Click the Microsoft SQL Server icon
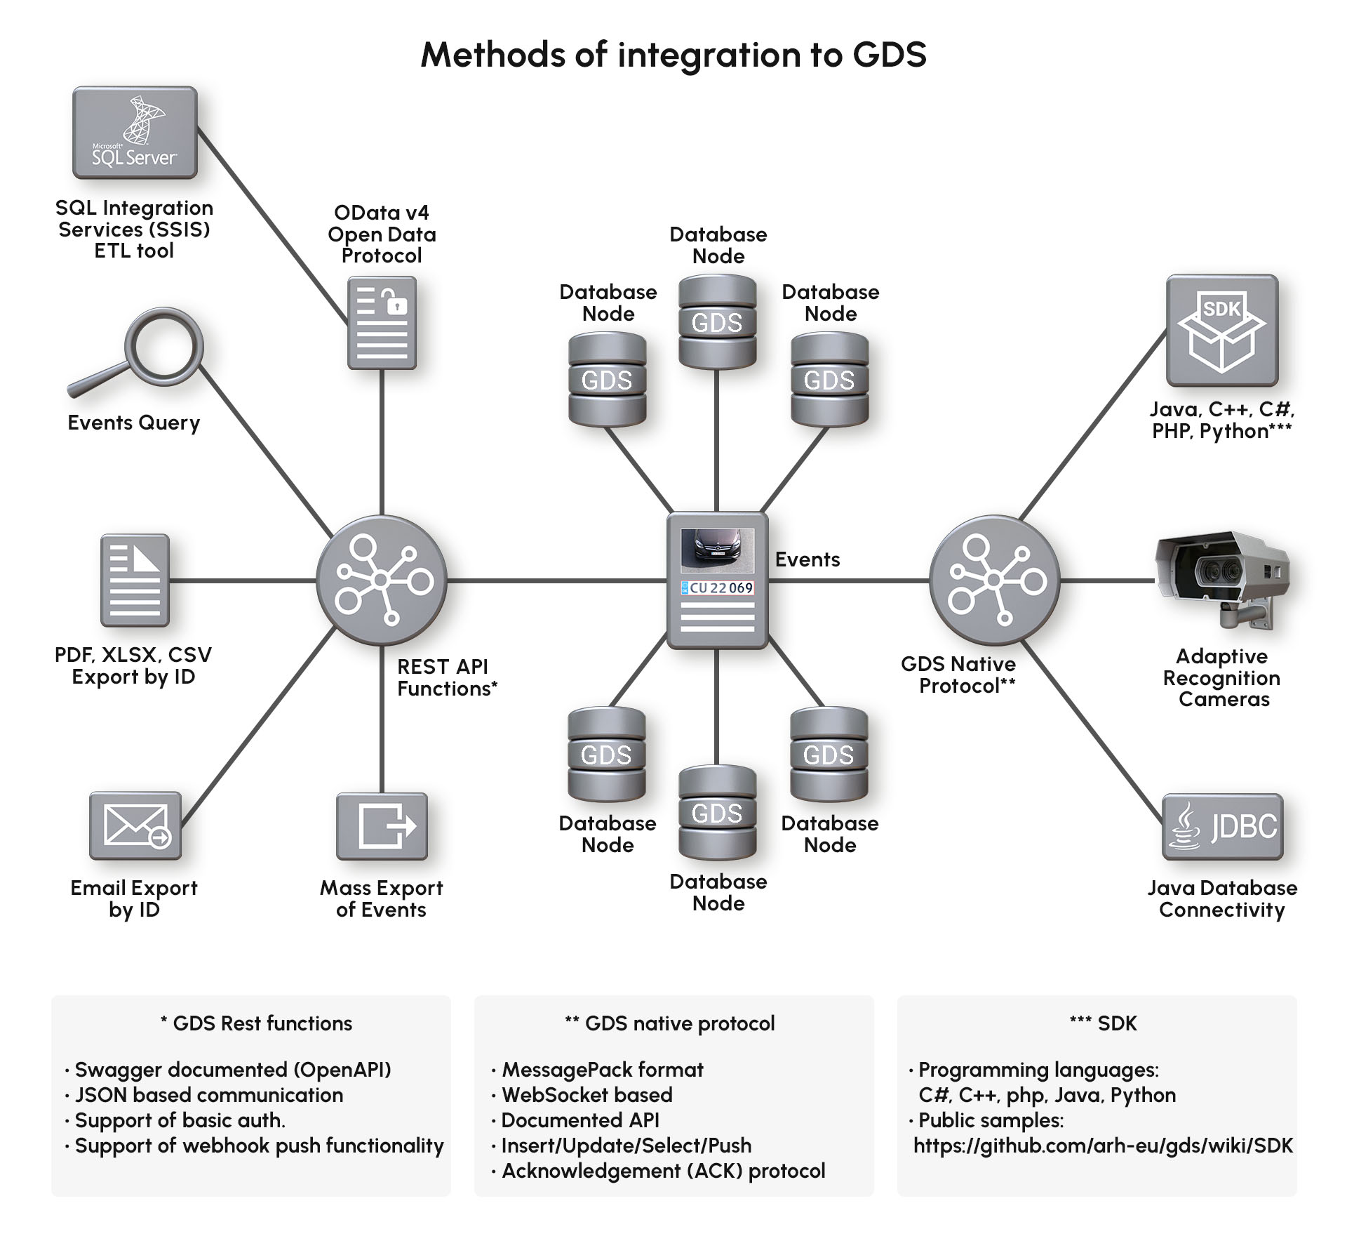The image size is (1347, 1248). pyautogui.click(x=135, y=133)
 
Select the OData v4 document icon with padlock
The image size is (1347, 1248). pyautogui.click(x=382, y=323)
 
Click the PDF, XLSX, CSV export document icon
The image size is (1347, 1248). pyautogui.click(x=135, y=580)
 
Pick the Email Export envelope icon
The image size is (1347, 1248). pyautogui.click(x=135, y=825)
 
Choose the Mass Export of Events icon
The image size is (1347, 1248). pyautogui.click(x=382, y=826)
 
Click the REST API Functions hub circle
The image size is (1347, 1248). pyautogui.click(x=381, y=580)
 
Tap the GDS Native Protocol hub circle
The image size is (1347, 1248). pyautogui.click(x=994, y=580)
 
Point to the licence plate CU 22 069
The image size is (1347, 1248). pyautogui.click(x=718, y=588)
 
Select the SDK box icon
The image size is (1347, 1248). pyautogui.click(x=1222, y=331)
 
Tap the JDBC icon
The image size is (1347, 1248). pyautogui.click(x=1222, y=827)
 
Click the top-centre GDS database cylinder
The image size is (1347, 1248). pyautogui.click(x=717, y=322)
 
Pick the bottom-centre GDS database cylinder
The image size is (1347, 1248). pyautogui.click(x=717, y=813)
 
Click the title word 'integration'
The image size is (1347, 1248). pyautogui.click(x=709, y=55)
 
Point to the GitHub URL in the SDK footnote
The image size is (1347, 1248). pyautogui.click(x=1103, y=1146)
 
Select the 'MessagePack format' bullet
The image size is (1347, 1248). pyautogui.click(x=602, y=1070)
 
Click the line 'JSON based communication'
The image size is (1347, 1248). pyautogui.click(x=209, y=1095)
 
